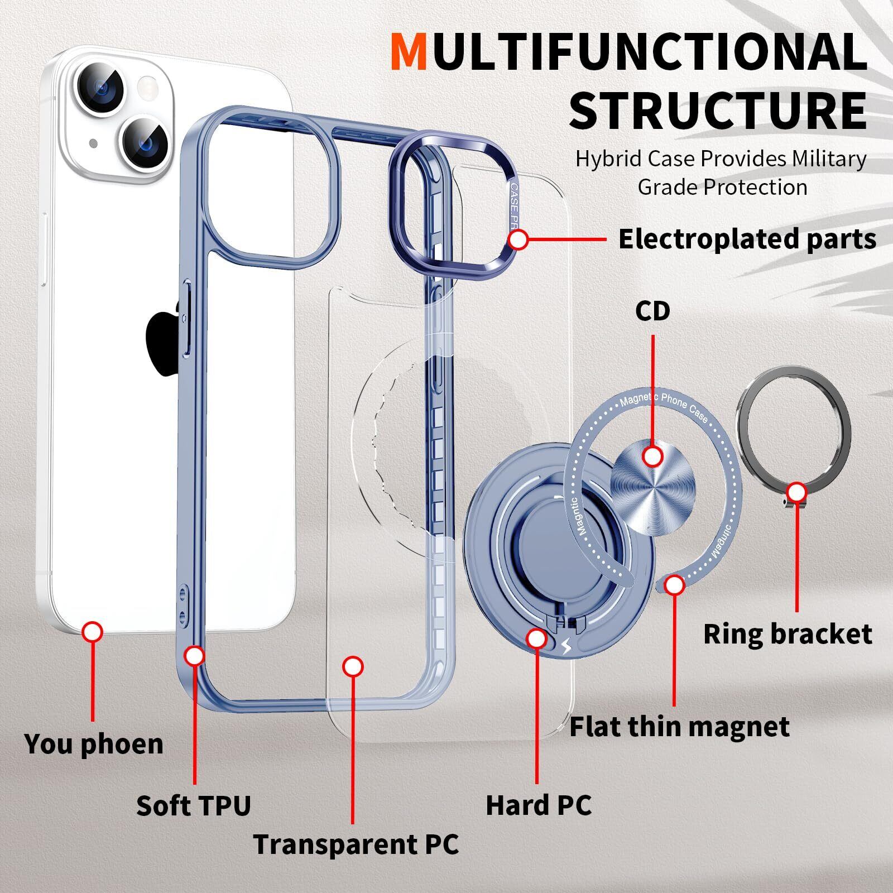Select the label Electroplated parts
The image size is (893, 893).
[747, 239]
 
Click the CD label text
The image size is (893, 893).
[652, 311]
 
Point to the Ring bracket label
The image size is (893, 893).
[787, 634]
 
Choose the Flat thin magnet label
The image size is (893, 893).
[679, 727]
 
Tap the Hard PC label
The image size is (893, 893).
[539, 805]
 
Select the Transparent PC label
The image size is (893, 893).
[356, 844]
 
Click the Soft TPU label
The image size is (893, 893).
[194, 805]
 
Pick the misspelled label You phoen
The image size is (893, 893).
[94, 744]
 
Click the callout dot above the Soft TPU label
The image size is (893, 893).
[194, 656]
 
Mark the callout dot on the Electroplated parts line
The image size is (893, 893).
[518, 240]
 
